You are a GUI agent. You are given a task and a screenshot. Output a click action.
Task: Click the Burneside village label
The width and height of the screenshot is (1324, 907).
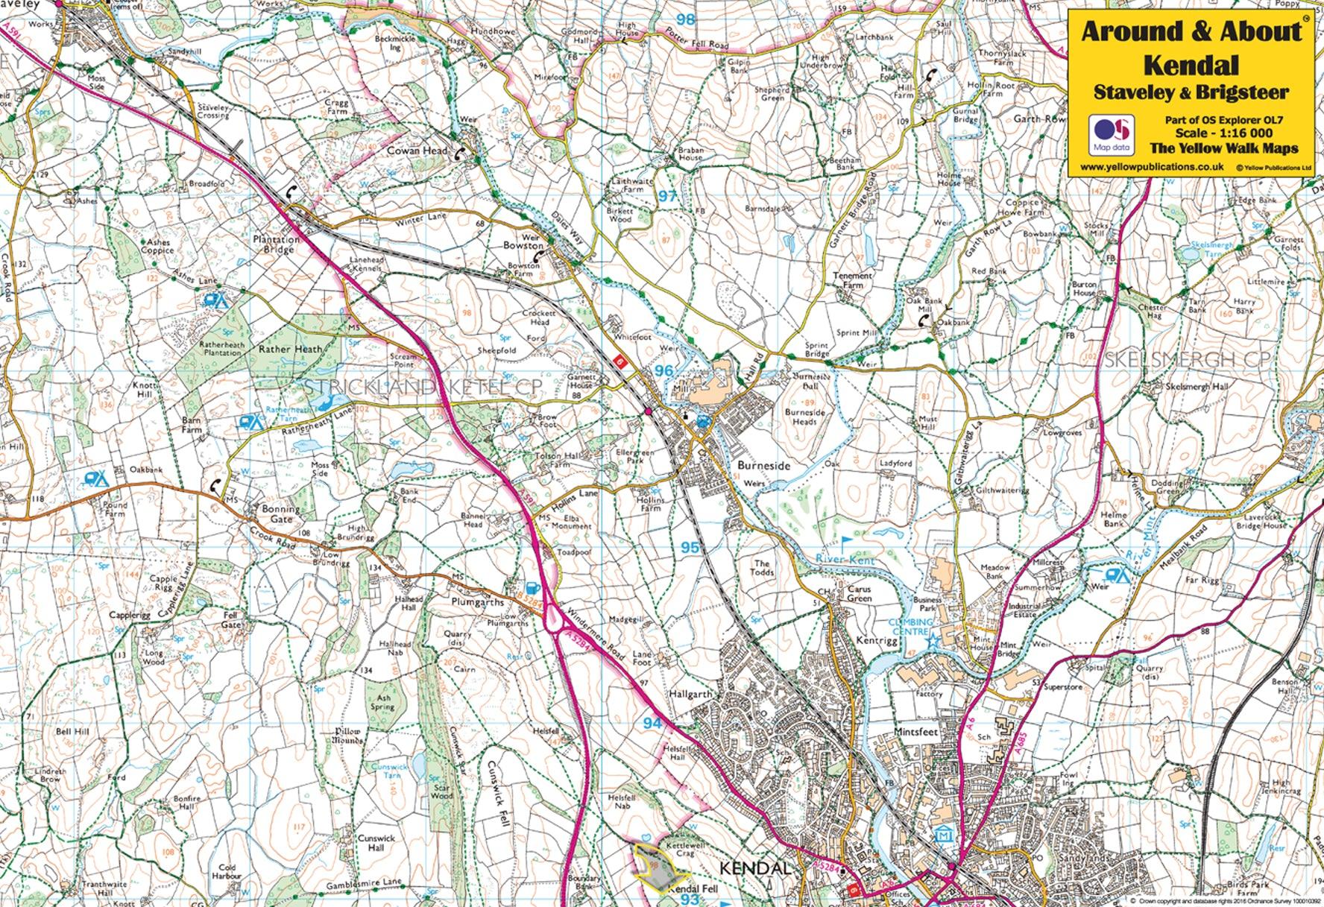click(763, 465)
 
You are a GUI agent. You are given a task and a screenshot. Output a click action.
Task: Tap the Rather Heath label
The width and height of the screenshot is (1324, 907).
click(291, 349)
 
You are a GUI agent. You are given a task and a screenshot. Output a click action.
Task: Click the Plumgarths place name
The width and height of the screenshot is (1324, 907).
click(477, 602)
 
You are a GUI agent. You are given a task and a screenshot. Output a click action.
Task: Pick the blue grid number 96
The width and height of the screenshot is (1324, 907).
click(663, 370)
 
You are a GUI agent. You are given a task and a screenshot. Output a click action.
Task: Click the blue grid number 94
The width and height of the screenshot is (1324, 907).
click(652, 723)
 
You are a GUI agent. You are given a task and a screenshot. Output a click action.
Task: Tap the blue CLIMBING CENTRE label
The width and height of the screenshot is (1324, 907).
click(911, 627)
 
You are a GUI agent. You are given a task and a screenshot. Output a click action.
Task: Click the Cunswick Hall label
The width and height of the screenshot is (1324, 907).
click(376, 843)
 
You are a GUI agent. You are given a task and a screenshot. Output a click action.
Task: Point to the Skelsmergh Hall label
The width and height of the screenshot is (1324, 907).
click(1196, 387)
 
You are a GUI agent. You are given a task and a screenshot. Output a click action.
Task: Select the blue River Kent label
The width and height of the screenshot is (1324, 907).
click(845, 559)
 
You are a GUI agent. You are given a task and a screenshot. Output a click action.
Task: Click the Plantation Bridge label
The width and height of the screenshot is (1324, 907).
click(277, 244)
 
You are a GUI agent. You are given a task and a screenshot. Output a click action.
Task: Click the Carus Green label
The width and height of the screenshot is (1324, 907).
click(859, 593)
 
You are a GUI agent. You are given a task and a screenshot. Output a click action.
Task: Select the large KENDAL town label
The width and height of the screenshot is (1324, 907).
click(754, 869)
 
